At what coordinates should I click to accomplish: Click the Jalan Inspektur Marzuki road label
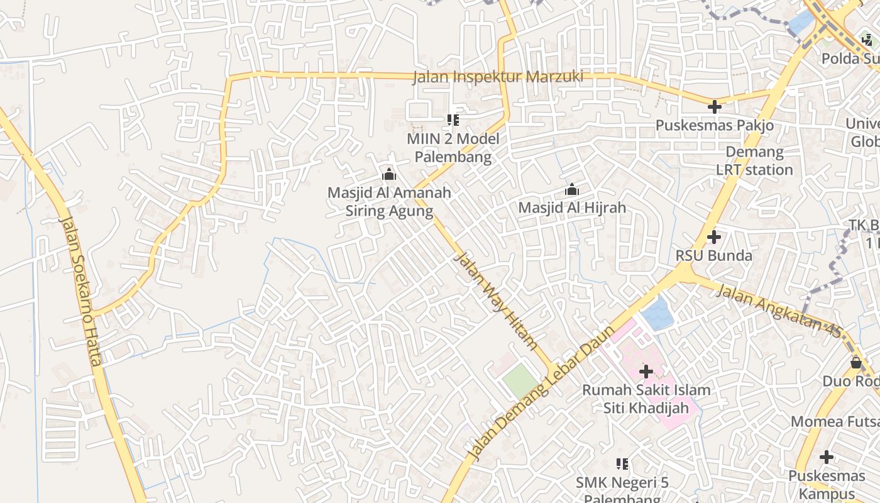click(498, 77)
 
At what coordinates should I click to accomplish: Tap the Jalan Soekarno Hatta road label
click(80, 290)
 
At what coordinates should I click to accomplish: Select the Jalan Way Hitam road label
click(495, 301)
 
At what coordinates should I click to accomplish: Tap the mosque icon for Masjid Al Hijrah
click(572, 189)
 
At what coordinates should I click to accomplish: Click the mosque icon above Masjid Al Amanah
click(389, 174)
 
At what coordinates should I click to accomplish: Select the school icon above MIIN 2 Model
click(453, 119)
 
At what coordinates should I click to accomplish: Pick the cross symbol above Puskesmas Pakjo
click(715, 107)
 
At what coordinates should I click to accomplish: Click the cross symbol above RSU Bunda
click(713, 237)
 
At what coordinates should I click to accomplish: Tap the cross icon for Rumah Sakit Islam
click(646, 372)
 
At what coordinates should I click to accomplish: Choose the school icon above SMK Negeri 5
click(622, 464)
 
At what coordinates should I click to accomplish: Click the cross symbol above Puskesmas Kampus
click(827, 457)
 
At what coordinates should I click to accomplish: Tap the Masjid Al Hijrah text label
click(572, 207)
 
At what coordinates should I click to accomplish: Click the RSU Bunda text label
click(713, 255)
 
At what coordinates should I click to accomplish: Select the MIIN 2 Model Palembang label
click(453, 148)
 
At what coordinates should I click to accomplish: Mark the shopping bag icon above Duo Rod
click(855, 363)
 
